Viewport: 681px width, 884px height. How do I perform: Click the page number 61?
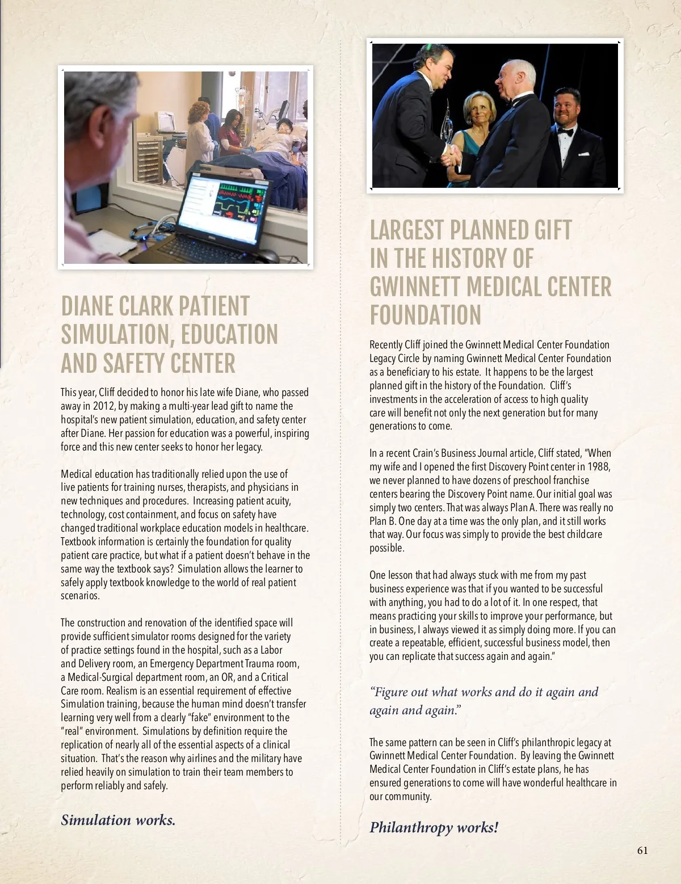(x=642, y=850)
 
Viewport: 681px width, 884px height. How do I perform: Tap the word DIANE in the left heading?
(x=87, y=306)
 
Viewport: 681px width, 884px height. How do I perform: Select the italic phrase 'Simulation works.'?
(x=118, y=820)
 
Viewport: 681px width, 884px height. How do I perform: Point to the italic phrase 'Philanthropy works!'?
(x=434, y=827)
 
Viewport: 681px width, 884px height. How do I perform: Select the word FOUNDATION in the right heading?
(x=425, y=315)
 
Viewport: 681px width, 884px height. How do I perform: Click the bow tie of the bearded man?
(x=565, y=132)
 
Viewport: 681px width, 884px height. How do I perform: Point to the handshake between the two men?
(x=451, y=154)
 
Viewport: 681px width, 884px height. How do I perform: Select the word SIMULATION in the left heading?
(x=114, y=335)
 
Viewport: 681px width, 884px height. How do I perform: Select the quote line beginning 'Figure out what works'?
(x=484, y=692)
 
